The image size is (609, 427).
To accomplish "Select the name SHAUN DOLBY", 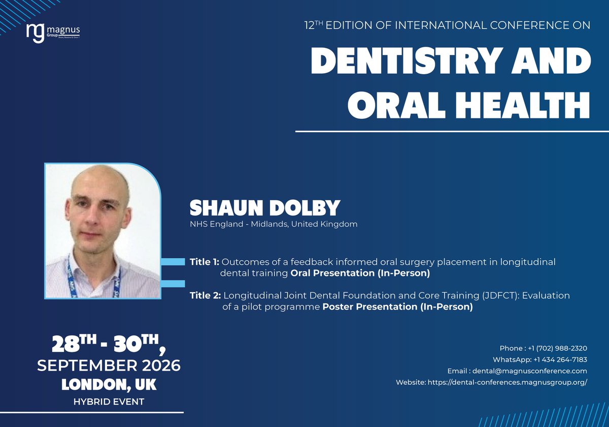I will (264, 208).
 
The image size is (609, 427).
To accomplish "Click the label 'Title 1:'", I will (205, 262).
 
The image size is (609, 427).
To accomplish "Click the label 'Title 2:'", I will (206, 295).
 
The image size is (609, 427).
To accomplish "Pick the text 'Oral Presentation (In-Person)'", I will (360, 274).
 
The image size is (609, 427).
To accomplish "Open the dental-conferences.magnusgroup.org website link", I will (507, 382).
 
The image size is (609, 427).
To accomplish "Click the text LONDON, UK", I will (109, 384).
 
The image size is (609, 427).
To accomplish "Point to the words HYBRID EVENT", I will (109, 402).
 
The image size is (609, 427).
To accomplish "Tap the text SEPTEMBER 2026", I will (109, 365).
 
